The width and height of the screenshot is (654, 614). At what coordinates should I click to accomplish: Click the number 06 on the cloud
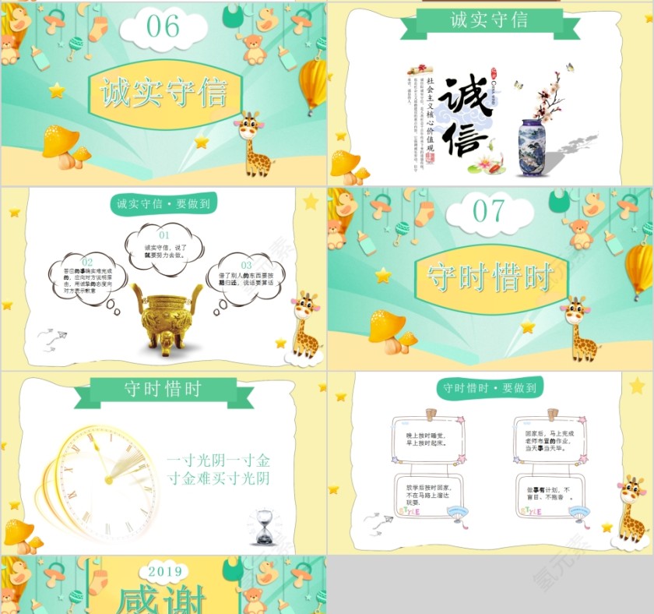163,26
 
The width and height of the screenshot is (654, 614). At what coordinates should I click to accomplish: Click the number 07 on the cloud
488,210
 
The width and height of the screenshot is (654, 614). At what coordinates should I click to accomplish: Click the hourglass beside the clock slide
265,527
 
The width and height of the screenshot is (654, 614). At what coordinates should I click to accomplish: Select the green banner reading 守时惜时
163,390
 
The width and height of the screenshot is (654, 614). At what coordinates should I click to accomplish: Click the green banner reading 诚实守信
489,20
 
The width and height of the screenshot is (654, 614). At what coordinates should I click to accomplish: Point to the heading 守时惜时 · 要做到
489,387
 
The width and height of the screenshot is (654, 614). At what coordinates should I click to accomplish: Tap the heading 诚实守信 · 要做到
163,204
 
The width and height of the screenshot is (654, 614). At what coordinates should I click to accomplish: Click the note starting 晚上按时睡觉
425,441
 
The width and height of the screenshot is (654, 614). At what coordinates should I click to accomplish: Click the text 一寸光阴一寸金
218,460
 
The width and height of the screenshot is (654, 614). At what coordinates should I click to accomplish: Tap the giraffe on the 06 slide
253,144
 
